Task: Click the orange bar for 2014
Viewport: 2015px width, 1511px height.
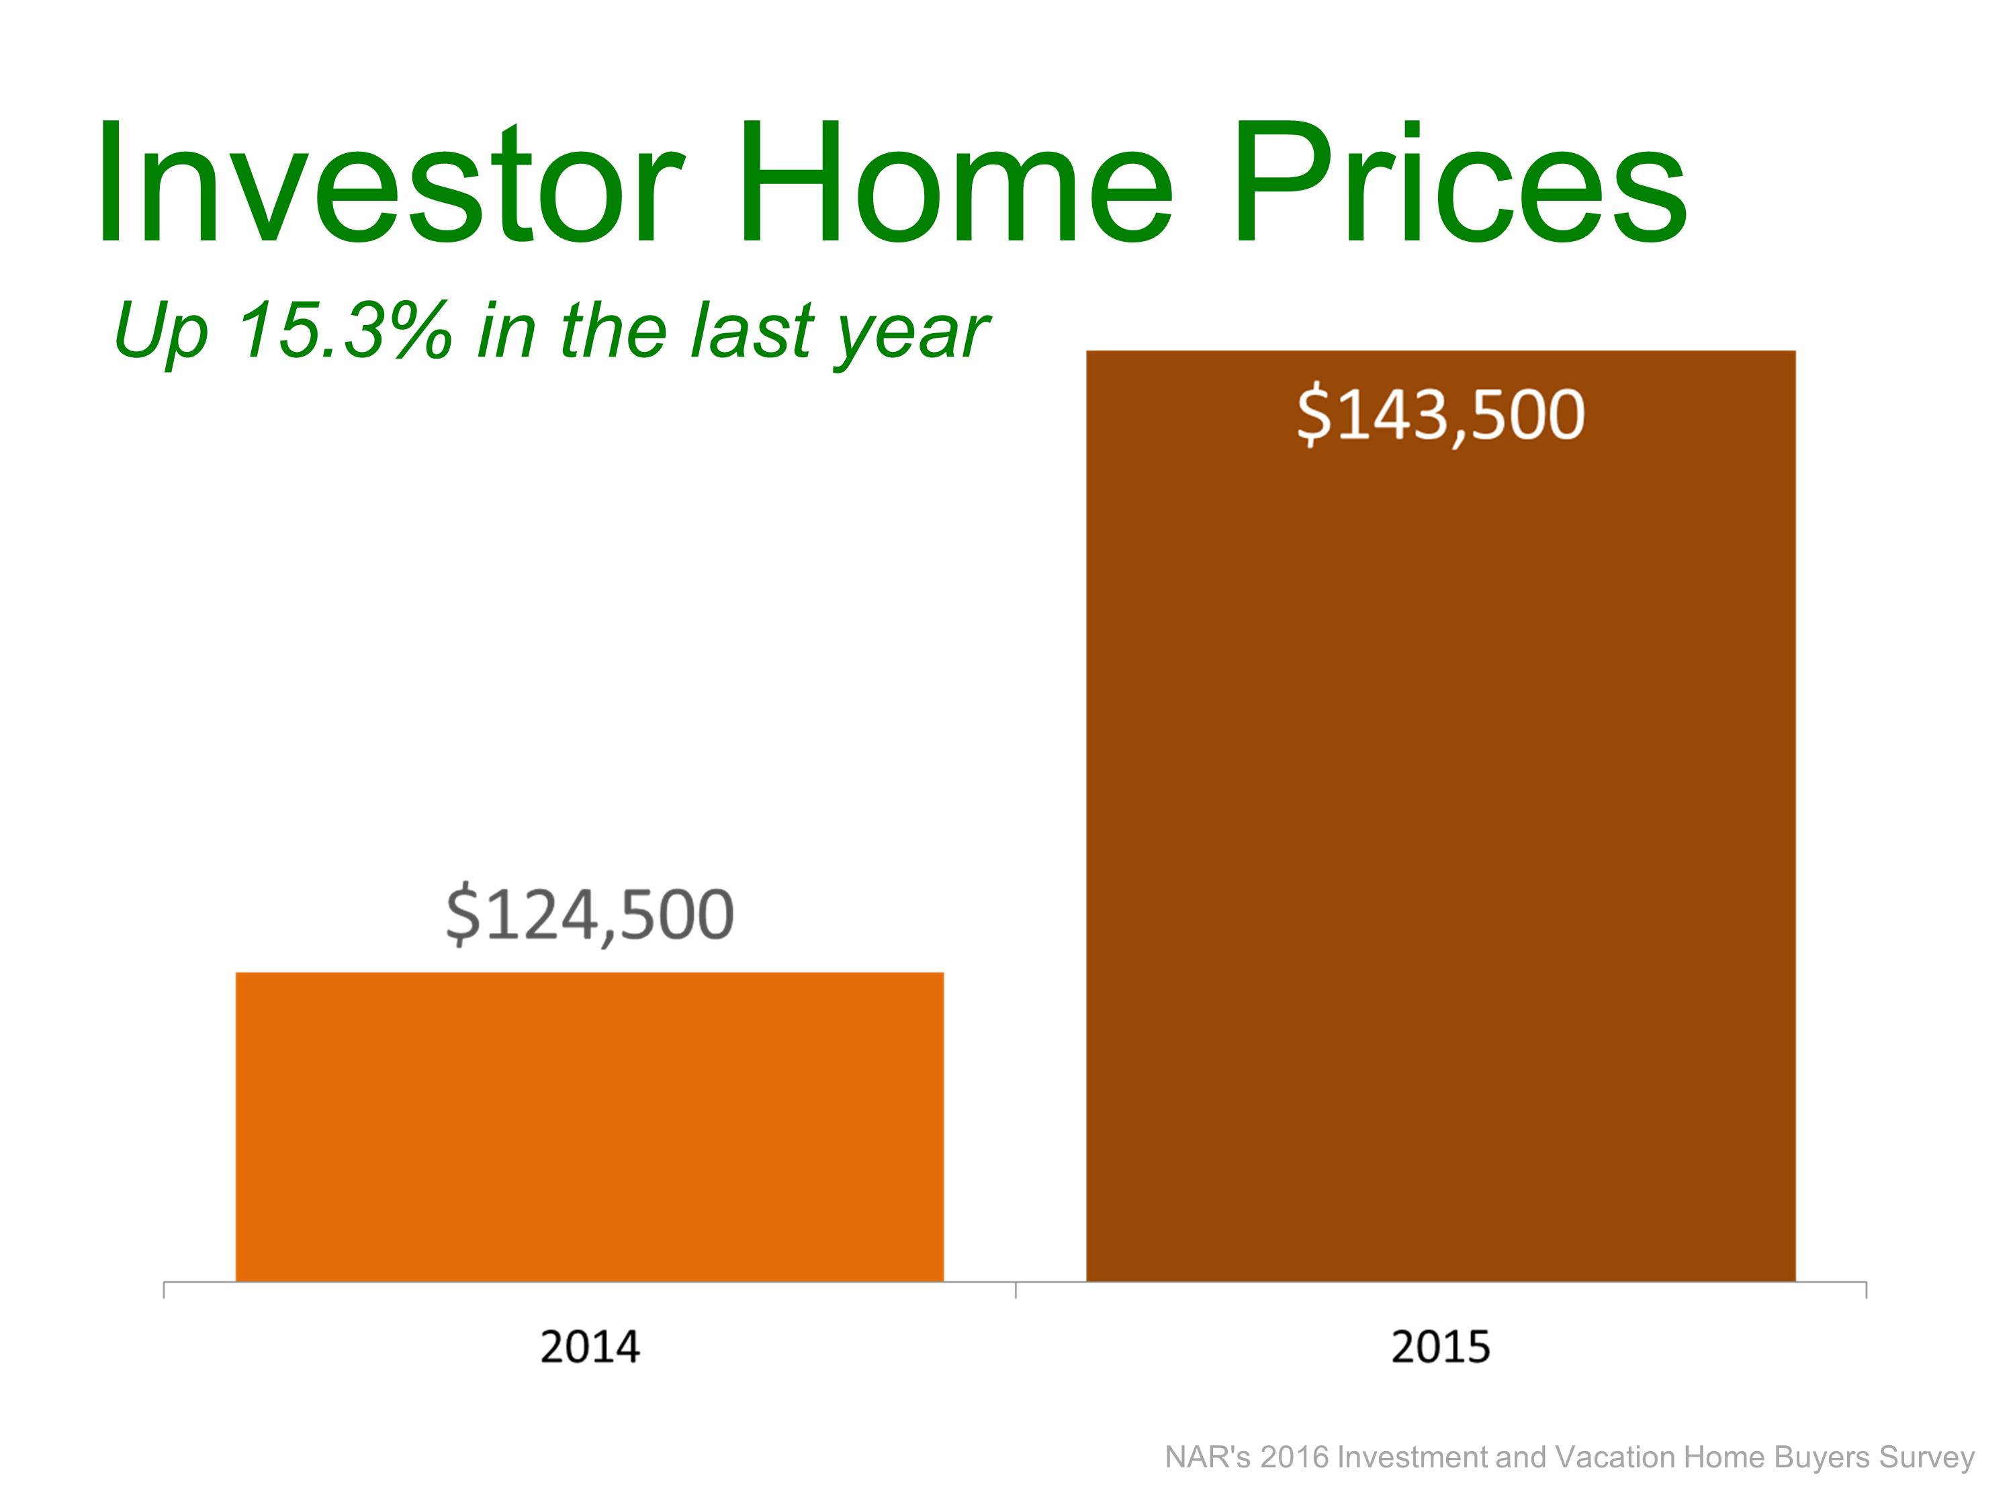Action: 589,1127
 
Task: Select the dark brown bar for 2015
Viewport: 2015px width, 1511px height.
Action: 1441,816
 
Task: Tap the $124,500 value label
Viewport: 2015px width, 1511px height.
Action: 589,915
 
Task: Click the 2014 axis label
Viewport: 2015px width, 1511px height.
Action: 590,1347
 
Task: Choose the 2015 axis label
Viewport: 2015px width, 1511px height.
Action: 1441,1347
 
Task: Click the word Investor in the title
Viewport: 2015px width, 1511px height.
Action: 389,184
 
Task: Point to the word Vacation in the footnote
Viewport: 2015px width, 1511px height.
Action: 1613,1458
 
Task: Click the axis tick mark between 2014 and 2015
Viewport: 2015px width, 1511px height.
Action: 1016,1289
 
